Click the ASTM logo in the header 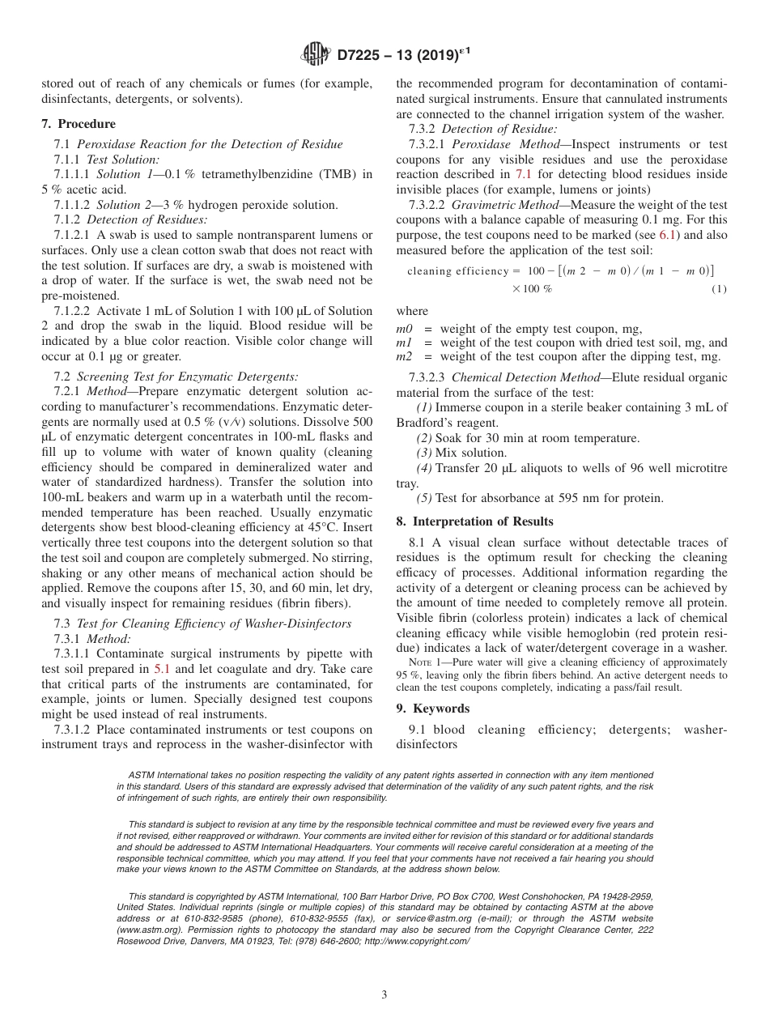click(x=316, y=54)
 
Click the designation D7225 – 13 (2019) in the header click(x=402, y=54)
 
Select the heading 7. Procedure click(x=79, y=124)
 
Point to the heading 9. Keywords click(x=433, y=709)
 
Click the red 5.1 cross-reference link click(x=163, y=669)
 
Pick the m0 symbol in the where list click(x=404, y=329)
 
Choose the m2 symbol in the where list click(x=404, y=356)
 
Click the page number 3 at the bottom click(x=384, y=994)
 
